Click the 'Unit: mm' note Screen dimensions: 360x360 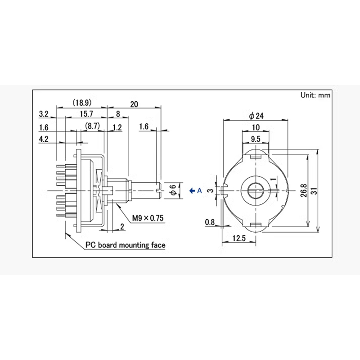315,95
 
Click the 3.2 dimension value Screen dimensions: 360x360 44,113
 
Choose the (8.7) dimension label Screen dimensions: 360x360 93,127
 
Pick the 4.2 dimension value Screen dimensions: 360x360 44,139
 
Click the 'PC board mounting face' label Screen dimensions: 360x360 126,245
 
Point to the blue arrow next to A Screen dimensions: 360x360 192,191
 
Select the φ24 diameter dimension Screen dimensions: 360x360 256,116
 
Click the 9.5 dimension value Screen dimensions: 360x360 256,139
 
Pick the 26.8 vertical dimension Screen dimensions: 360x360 304,191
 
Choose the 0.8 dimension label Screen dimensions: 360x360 209,222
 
